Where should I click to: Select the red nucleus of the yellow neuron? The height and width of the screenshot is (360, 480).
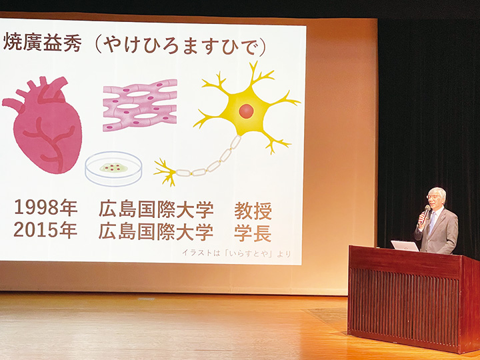coord(246,111)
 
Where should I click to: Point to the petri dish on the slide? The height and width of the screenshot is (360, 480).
coord(113,168)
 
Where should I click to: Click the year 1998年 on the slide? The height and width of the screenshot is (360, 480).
coord(45,208)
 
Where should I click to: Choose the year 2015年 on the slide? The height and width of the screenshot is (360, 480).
coord(45,231)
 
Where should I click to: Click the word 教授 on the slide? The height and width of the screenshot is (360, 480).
coord(253,211)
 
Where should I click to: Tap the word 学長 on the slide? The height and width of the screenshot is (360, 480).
coord(253,232)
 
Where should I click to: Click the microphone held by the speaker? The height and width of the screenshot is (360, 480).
coord(425,212)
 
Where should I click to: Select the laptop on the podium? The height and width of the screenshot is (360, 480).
coord(405,245)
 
